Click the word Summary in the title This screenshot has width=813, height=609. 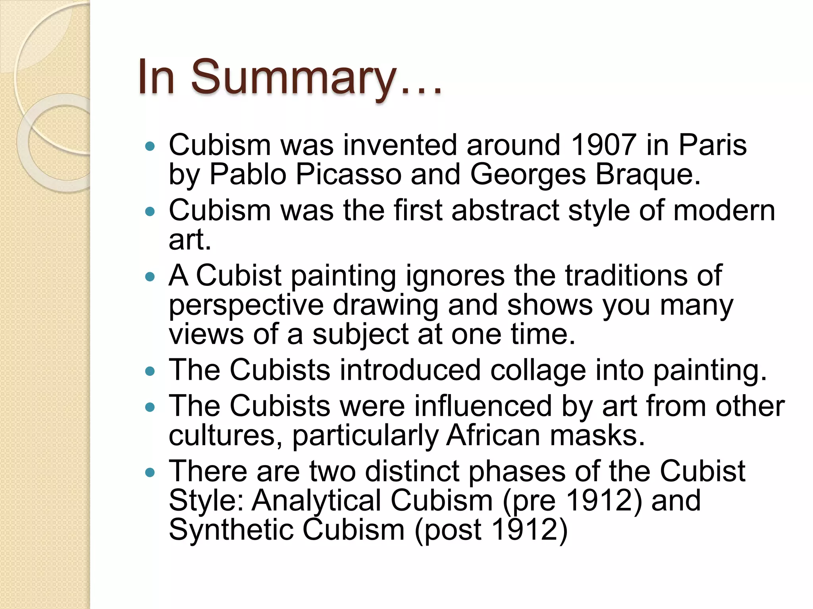tap(294, 77)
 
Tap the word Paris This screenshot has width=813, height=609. tap(713, 145)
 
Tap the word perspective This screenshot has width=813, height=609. tap(246, 305)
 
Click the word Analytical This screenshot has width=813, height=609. tap(316, 501)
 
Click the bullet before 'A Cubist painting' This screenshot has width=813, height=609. tap(150, 277)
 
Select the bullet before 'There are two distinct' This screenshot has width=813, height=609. tap(150, 472)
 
